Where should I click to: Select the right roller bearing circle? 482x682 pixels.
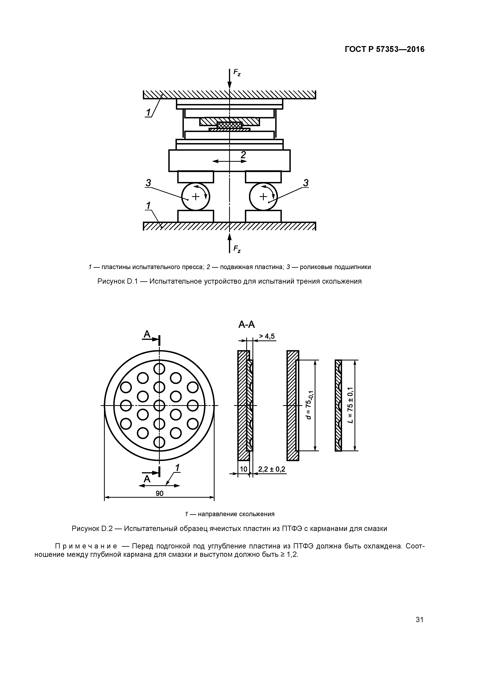[x=263, y=197]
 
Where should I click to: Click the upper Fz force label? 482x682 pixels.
[x=237, y=73]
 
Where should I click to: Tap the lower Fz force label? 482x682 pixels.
[x=237, y=249]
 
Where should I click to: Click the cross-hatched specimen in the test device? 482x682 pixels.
[x=230, y=125]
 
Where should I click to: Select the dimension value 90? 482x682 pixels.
[x=160, y=493]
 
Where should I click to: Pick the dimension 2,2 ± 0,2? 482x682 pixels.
[x=272, y=469]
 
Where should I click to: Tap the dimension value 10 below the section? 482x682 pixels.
[x=243, y=469]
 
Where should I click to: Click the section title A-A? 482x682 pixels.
[x=246, y=325]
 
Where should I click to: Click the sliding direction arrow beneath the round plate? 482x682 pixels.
[x=160, y=486]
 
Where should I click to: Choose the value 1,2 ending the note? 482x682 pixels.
[x=292, y=555]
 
